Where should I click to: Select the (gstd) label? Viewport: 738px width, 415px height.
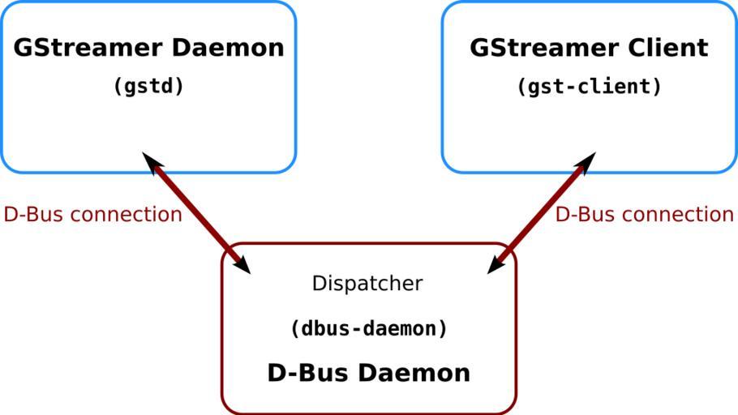148,86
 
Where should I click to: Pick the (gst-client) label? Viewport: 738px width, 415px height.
590,86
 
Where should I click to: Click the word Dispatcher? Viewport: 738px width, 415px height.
367,284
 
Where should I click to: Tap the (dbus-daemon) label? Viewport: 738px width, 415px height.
368,329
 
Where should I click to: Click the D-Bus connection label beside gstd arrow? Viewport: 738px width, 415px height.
92,215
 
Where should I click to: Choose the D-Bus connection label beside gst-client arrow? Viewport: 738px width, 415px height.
644,215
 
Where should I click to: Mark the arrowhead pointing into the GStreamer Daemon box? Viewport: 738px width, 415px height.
151,160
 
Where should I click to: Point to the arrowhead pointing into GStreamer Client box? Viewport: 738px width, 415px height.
587,160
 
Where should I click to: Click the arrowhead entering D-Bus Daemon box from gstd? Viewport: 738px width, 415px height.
242,265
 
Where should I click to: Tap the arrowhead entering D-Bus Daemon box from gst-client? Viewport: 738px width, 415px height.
496,265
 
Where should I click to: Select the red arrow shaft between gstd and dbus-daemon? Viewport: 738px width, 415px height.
196,212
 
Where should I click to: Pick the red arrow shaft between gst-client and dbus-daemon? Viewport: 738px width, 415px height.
541,212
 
